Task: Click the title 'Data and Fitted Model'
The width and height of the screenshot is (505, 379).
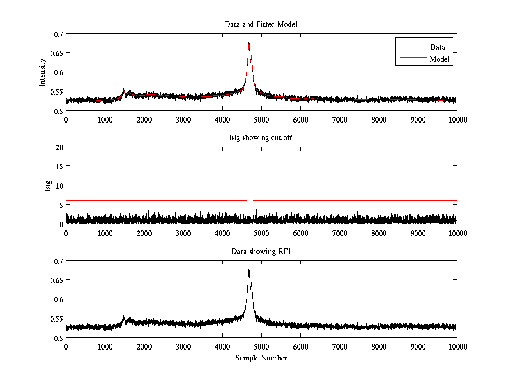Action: tap(261, 24)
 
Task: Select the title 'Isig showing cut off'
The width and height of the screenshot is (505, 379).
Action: tap(261, 138)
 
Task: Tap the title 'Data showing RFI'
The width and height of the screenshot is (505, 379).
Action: tap(261, 251)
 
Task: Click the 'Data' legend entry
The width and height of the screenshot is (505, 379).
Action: tap(437, 47)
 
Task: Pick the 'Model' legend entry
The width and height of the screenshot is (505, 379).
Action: tap(440, 59)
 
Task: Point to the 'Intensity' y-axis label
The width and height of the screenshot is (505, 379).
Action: tap(42, 72)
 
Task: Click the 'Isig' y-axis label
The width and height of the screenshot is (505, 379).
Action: tap(48, 186)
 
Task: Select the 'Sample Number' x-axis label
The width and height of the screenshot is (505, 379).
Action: tap(261, 358)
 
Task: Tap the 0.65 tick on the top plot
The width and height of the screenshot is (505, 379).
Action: tap(56, 53)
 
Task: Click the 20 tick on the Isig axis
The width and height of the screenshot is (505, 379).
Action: tap(58, 147)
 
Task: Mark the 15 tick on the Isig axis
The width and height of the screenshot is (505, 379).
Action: tap(58, 166)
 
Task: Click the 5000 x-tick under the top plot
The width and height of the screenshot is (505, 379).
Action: tap(261, 120)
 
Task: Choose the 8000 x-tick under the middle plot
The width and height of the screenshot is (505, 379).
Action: tap(379, 233)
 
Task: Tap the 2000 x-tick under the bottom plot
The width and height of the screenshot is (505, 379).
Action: tap(144, 347)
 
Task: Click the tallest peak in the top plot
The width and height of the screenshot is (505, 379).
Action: tap(249, 42)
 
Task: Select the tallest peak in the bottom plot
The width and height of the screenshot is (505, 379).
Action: tap(249, 269)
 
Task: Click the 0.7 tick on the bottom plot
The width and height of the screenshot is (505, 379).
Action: tap(58, 261)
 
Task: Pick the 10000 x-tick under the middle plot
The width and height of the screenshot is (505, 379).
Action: tap(457, 233)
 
